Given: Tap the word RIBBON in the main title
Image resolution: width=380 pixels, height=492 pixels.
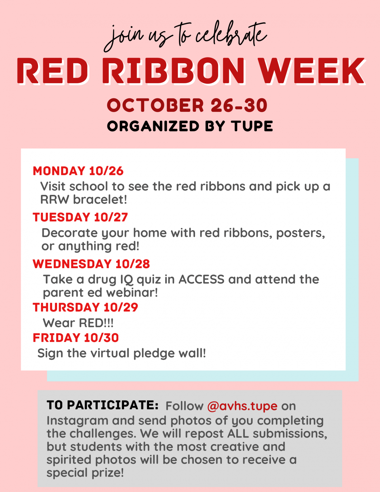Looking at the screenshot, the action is tap(174, 71).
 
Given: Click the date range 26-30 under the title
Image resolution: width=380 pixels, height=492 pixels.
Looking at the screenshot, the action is tap(239, 105).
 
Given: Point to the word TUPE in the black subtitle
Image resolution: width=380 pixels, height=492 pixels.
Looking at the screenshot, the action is tap(252, 126).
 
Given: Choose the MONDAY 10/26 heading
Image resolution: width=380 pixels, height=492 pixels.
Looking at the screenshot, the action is tap(78, 171).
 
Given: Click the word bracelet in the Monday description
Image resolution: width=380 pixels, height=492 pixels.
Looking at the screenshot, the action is tap(100, 200).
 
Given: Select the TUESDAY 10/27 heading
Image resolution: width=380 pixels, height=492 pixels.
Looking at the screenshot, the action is tap(80, 217).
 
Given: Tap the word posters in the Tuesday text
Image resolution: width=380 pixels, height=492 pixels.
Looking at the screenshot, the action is tap(300, 233).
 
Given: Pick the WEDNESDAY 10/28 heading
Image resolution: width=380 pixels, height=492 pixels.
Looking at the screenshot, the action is tap(91, 264).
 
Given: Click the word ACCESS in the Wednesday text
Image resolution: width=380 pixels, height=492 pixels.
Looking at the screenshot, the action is tap(201, 279).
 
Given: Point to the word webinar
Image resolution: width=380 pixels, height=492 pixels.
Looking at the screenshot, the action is tap(132, 292).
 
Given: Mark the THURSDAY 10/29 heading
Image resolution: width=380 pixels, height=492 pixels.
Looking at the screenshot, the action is tap(85, 307).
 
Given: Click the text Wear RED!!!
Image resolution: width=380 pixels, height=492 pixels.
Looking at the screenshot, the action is tap(78, 323).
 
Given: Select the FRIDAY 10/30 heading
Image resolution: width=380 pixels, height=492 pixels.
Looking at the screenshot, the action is tap(76, 338).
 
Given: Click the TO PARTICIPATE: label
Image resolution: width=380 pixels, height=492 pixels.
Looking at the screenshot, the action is tap(103, 405).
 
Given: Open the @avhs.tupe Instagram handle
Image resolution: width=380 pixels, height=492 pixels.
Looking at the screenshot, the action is tap(242, 406).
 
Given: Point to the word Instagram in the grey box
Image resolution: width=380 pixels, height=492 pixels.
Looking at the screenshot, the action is tap(77, 421).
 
